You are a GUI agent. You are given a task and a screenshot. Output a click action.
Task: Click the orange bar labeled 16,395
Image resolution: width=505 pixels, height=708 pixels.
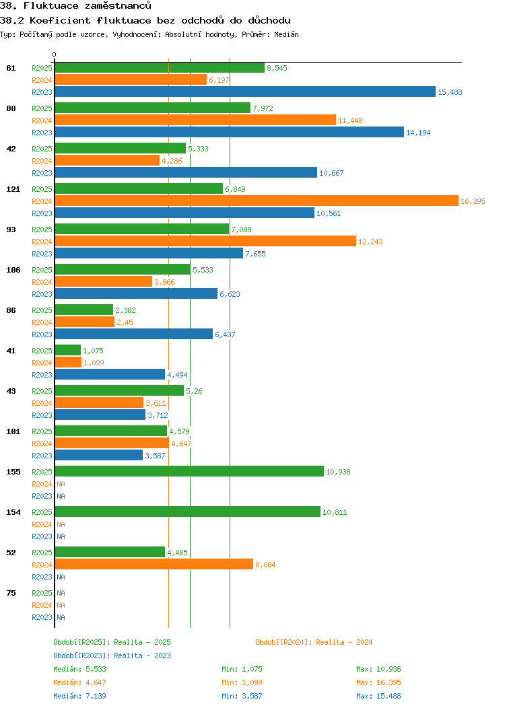[256, 201]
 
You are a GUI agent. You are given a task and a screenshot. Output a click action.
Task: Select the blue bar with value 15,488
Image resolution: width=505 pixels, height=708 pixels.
[245, 92]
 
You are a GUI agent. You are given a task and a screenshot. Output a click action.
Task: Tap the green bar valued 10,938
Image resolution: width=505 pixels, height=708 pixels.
[189, 472]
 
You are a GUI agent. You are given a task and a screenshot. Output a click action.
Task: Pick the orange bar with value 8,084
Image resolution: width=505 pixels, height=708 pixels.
[154, 565]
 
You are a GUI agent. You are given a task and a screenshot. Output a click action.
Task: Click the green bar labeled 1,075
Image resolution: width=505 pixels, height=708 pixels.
[67, 351]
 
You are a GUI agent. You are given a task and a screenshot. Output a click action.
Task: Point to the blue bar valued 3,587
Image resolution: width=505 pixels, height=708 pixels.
[98, 456]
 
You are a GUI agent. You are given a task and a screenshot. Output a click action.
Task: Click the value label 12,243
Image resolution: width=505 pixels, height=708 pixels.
[370, 242]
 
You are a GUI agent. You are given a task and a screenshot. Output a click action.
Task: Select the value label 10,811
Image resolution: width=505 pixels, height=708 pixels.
[335, 512]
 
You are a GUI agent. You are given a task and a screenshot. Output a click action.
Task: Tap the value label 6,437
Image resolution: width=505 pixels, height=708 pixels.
[225, 334]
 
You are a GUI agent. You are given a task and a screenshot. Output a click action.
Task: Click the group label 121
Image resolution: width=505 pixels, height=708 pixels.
[13, 189]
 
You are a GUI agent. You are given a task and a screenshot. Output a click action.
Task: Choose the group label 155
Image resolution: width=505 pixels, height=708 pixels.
[13, 472]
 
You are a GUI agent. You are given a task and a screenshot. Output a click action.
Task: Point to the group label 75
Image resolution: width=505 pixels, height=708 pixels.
[11, 593]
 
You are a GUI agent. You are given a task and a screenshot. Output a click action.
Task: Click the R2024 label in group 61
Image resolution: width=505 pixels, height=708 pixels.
[42, 80]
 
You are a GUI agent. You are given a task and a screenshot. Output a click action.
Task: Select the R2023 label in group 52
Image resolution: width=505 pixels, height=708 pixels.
[42, 577]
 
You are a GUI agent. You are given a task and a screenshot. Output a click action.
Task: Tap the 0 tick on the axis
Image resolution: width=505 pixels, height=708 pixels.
[55, 55]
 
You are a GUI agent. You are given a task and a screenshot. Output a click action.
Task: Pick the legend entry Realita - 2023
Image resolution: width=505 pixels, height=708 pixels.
[112, 656]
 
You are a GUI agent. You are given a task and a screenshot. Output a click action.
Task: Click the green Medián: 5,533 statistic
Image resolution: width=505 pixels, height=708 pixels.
[79, 669]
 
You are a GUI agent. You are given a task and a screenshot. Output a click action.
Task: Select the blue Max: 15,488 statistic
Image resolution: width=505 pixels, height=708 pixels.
[378, 696]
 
